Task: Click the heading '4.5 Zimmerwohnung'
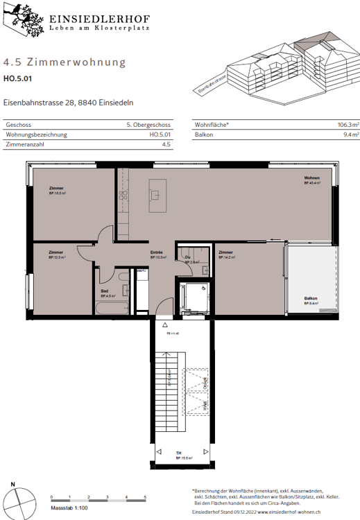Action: (65, 62)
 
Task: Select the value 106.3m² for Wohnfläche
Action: (340, 124)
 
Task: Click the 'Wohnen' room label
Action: (311, 178)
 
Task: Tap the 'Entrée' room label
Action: (157, 252)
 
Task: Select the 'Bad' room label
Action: (104, 291)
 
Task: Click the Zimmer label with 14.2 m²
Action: (225, 252)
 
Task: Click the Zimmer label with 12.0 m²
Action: (55, 252)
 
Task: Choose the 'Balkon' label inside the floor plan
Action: (311, 299)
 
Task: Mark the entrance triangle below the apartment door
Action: (164, 324)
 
